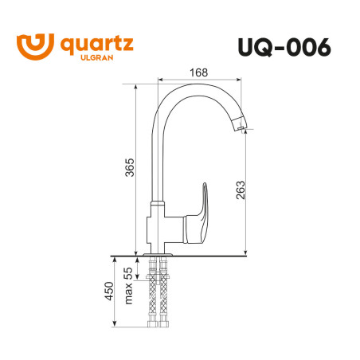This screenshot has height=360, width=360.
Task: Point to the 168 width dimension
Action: click(199, 72)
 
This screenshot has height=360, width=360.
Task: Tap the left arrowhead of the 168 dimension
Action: click(162, 80)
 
